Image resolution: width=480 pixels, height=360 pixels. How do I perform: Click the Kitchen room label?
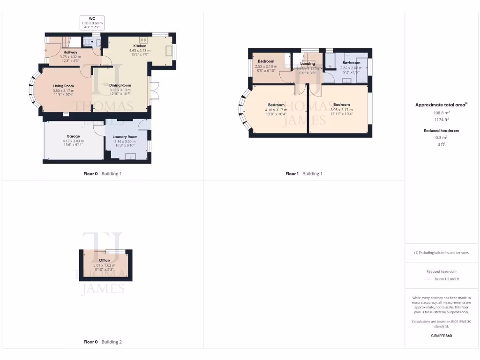tap(139, 46)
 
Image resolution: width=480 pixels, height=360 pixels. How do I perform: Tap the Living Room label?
tap(63, 86)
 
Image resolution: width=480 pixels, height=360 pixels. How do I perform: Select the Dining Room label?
tap(120, 85)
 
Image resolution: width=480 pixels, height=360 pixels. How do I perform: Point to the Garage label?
tap(73, 136)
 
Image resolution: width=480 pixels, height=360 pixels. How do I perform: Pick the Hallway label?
tap(70, 52)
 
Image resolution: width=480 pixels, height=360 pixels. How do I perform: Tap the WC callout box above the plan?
tap(92, 23)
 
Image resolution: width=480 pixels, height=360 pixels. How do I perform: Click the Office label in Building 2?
tap(104, 260)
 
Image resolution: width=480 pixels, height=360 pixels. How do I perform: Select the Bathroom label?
tap(351, 63)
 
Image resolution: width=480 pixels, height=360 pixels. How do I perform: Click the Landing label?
tap(307, 64)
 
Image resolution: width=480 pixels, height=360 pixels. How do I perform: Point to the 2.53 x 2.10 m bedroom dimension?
tap(266, 67)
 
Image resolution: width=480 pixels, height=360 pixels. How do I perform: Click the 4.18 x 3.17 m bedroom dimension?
tap(276, 109)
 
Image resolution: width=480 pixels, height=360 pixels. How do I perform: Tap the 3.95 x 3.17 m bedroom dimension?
tap(341, 109)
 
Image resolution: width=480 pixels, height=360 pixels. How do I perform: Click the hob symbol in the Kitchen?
tap(143, 40)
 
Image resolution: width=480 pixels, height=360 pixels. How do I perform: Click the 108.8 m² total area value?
tap(440, 113)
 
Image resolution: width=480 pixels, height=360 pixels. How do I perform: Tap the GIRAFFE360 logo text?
tap(441, 336)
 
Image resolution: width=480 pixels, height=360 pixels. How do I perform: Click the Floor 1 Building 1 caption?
tap(304, 173)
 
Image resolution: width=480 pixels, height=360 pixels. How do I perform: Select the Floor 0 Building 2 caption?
tap(102, 342)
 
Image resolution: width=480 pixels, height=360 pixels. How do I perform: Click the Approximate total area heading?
tap(440, 105)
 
